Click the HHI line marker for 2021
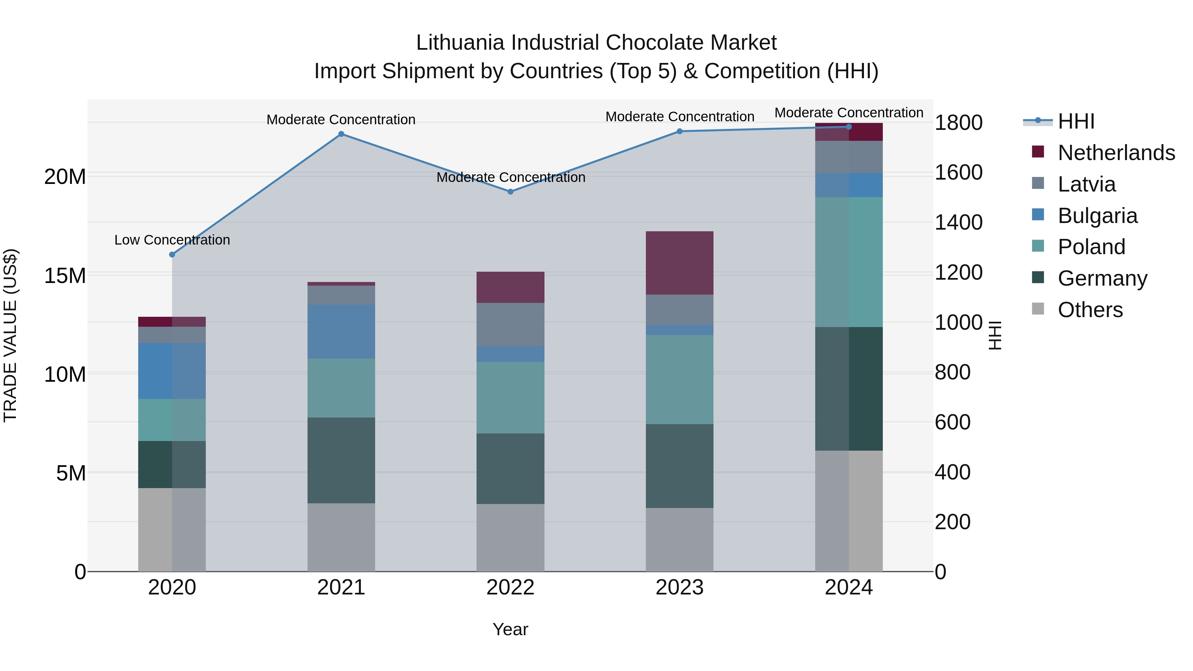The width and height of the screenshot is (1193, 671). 341,134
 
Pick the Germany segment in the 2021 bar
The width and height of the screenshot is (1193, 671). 341,460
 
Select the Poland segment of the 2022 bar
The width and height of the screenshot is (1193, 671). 510,397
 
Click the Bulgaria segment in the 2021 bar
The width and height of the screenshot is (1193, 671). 341,332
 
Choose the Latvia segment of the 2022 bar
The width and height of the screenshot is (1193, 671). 510,325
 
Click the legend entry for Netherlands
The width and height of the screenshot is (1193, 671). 1116,153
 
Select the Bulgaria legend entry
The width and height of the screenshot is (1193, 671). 1097,216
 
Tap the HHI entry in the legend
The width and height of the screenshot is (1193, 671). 1076,121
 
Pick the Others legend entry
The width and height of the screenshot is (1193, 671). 1090,310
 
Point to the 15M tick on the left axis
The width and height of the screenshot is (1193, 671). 65,276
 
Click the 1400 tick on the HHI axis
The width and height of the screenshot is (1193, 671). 958,223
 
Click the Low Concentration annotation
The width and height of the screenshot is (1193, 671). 172,240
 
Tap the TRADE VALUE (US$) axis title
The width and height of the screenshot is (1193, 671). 11,335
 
